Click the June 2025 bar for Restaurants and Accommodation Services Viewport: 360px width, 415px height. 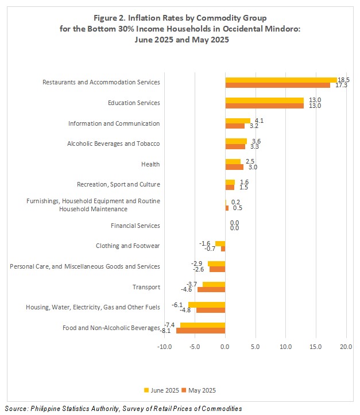tap(281, 80)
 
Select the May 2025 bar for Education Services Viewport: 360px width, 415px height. tap(265, 106)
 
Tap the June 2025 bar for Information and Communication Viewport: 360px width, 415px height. tap(238, 121)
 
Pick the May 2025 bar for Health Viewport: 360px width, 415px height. tap(234, 167)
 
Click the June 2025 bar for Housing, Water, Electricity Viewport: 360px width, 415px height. tap(207, 305)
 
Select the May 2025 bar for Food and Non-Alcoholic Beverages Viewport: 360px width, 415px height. tap(200, 331)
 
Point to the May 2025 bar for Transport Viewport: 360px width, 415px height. tap(211, 289)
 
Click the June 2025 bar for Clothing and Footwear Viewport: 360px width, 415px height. tap(220, 244)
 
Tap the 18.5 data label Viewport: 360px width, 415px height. tap(343, 80)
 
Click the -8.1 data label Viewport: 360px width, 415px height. tap(165, 331)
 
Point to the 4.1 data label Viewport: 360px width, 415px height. tap(259, 121)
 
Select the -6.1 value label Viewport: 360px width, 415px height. tap(177, 305)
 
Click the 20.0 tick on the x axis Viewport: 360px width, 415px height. tap(346, 347)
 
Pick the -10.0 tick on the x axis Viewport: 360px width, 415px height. tap(164, 347)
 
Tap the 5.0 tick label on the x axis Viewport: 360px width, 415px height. tap(255, 347)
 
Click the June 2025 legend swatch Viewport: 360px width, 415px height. tap(146, 390)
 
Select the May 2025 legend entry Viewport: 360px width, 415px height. tap(199, 390)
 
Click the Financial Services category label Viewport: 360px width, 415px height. tap(136, 226)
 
